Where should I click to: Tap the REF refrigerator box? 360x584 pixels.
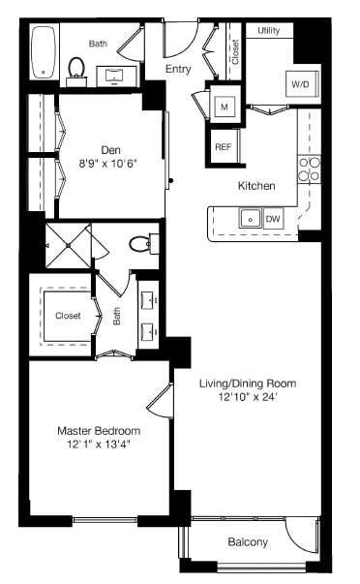pyautogui.click(x=224, y=147)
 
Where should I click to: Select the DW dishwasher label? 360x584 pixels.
pyautogui.click(x=274, y=220)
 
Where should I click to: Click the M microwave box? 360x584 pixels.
pyautogui.click(x=224, y=106)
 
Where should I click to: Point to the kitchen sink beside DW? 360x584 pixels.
pyautogui.click(x=250, y=220)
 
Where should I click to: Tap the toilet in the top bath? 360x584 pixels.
pyautogui.click(x=76, y=67)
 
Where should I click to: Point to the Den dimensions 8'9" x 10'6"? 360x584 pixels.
pyautogui.click(x=111, y=163)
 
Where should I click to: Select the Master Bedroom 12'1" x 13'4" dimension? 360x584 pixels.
pyautogui.click(x=98, y=445)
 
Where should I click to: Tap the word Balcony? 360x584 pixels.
pyautogui.click(x=248, y=542)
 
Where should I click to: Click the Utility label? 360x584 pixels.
pyautogui.click(x=269, y=31)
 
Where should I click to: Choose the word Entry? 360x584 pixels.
pyautogui.click(x=178, y=69)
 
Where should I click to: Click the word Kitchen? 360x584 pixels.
pyautogui.click(x=256, y=185)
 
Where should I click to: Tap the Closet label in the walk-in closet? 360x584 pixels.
pyautogui.click(x=68, y=316)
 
